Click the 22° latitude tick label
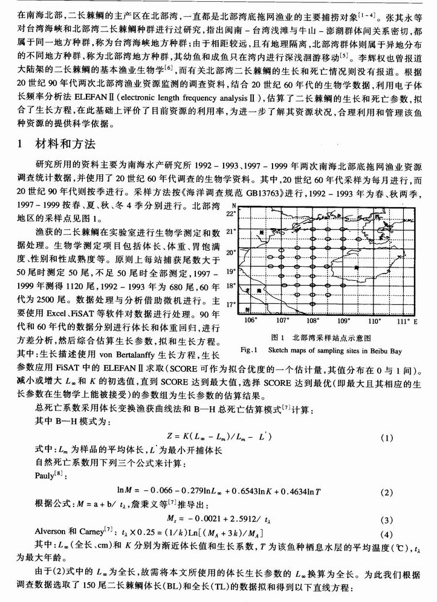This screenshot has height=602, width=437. (x=230, y=214)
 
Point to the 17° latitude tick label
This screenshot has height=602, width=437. (x=230, y=305)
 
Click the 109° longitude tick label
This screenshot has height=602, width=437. (x=343, y=321)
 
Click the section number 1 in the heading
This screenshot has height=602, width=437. (x=21, y=144)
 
